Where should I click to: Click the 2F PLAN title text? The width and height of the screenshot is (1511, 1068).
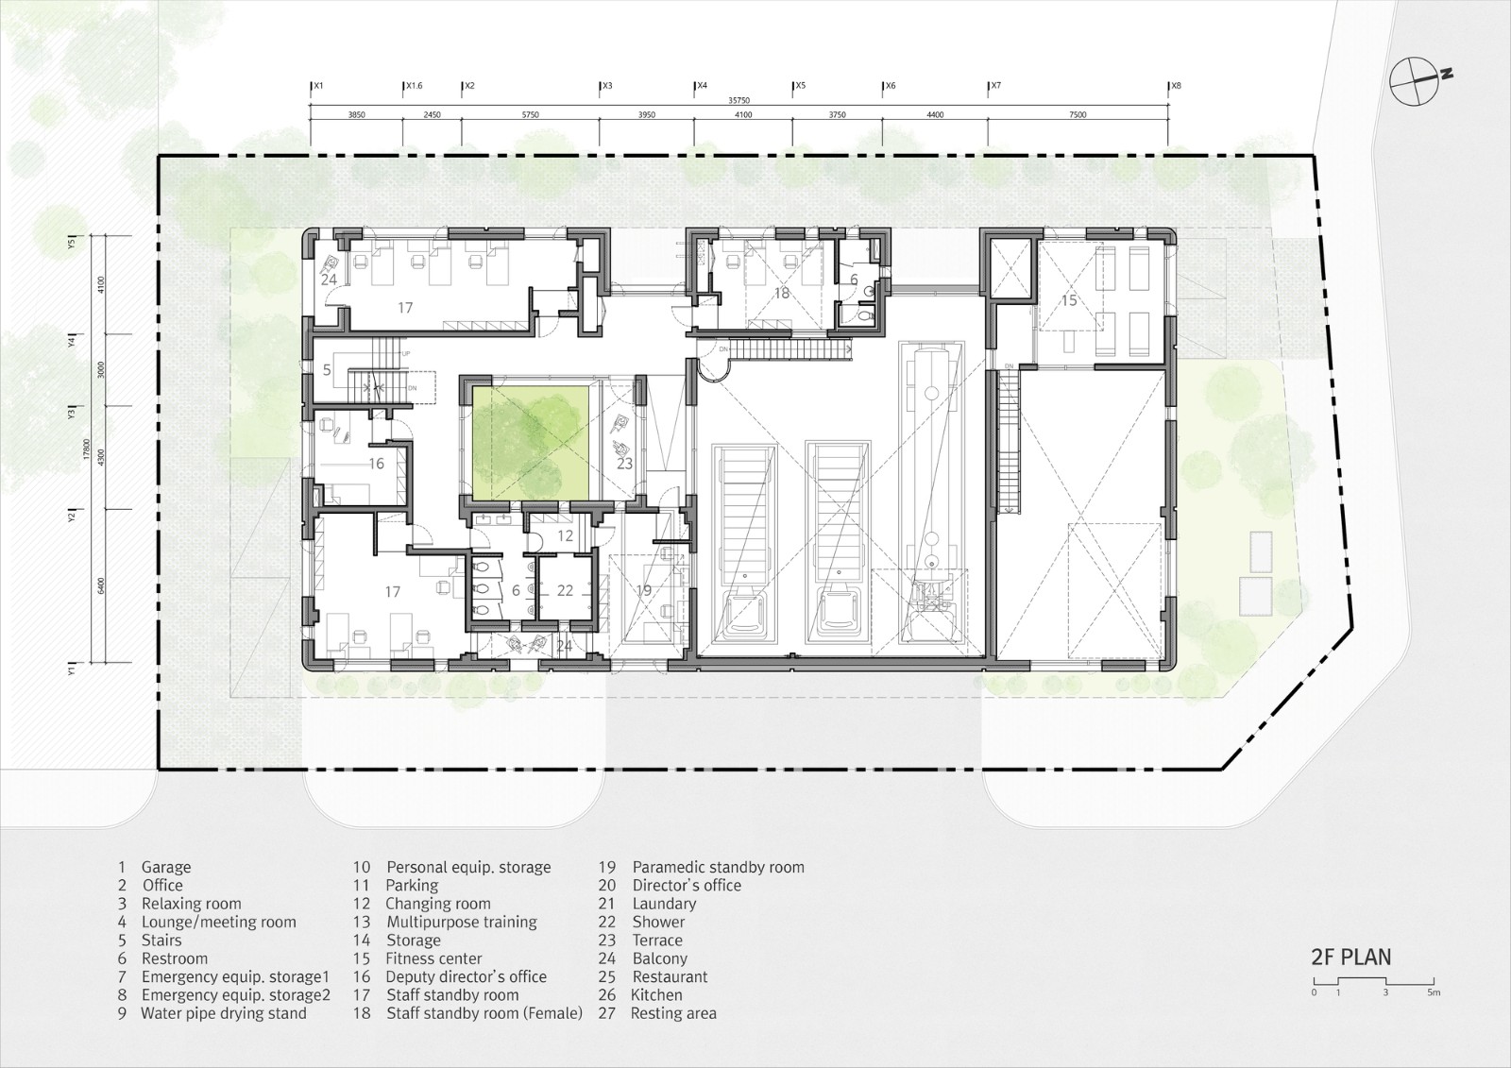(x=1350, y=957)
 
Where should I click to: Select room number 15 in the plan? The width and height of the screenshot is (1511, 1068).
(x=1068, y=301)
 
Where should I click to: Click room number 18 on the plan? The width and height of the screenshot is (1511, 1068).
(x=781, y=293)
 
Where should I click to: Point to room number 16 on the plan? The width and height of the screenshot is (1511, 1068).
(x=376, y=464)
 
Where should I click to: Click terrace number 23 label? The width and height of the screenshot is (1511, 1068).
(x=624, y=464)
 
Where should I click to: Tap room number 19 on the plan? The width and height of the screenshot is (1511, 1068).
(x=643, y=591)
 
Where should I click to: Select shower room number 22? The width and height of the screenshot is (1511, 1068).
(x=565, y=590)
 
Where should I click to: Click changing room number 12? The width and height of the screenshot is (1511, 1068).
(x=565, y=535)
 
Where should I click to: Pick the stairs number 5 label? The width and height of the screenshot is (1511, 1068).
(x=326, y=369)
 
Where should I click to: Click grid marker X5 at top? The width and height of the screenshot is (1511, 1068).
(x=799, y=86)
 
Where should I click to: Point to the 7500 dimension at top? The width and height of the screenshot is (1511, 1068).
(x=1078, y=114)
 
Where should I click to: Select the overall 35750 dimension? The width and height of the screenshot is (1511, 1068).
(x=739, y=100)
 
